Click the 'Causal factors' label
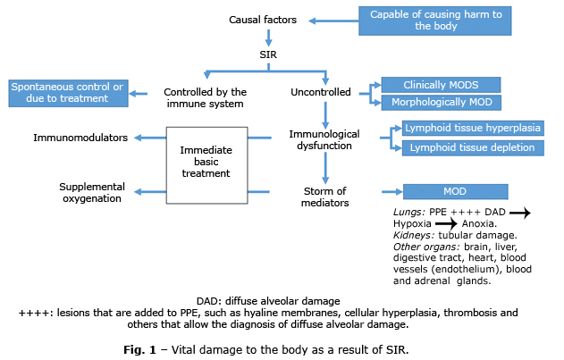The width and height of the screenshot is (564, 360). coord(262,20)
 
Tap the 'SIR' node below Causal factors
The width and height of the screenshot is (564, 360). coord(267,55)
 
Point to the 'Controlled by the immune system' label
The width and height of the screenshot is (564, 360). coord(205,97)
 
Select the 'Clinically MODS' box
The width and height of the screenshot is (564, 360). coord(441,85)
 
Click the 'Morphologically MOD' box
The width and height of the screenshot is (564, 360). coord(441,102)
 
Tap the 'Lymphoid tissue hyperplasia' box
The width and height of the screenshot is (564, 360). coord(472,129)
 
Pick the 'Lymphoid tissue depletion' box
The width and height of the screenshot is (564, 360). coord(472,147)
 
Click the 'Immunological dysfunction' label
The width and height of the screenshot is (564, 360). coord(324,140)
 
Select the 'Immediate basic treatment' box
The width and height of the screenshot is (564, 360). coord(206,161)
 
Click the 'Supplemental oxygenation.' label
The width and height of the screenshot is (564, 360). coord(92,192)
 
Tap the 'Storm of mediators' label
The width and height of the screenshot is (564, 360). coord(324,196)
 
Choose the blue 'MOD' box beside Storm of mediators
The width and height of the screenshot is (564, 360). coord(456,191)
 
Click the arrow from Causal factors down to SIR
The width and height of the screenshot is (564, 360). coord(267,38)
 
